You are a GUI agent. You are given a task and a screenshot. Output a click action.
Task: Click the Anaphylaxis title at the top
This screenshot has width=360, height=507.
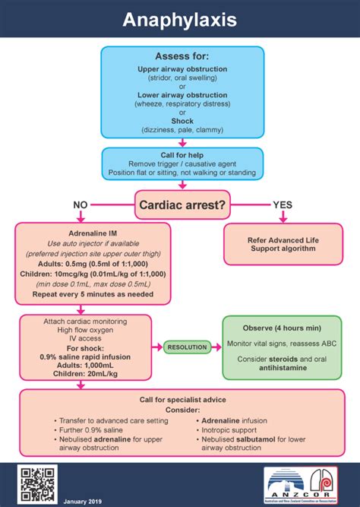tap(180, 20)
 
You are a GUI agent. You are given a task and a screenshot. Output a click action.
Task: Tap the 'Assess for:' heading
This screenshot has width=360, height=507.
tap(182, 56)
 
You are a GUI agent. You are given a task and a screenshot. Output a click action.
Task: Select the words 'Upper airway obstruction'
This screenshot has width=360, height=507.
tap(182, 69)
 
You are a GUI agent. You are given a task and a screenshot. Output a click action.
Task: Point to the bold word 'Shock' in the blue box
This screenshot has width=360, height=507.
tap(182, 120)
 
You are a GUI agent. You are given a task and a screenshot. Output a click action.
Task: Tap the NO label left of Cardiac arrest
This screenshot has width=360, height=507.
tap(81, 204)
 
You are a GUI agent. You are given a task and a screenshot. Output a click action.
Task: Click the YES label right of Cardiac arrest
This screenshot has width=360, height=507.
tap(282, 204)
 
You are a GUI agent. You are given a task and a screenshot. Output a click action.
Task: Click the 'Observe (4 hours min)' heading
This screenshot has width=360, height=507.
tap(282, 328)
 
